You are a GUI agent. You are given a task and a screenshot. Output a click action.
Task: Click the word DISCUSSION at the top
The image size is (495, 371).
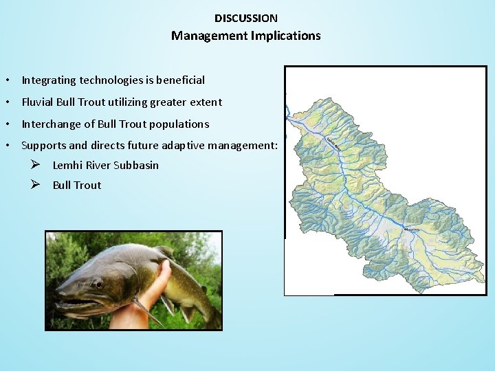pos(246,19)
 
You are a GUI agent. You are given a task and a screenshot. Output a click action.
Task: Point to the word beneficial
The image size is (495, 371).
pos(180,80)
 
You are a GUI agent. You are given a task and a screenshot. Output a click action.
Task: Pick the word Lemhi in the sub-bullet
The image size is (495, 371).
pos(66,166)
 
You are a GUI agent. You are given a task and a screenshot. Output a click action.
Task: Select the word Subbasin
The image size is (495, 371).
pos(136,166)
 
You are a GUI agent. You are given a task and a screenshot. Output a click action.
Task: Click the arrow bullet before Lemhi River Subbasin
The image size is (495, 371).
pos(37,165)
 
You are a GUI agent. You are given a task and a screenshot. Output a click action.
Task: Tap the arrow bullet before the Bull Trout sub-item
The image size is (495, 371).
pos(37,185)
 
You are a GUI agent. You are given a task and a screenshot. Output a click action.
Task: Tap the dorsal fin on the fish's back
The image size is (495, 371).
pos(164,251)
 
